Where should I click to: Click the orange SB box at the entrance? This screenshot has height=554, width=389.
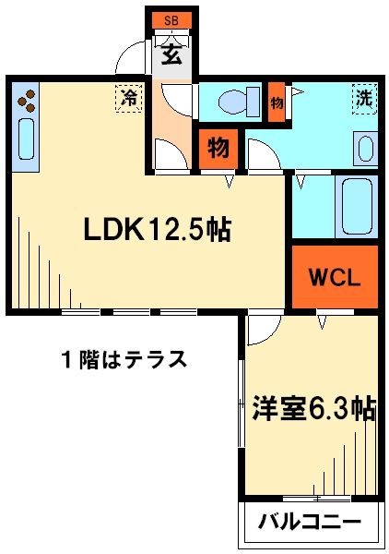[171, 19]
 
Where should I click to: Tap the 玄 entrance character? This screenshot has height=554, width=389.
[171, 54]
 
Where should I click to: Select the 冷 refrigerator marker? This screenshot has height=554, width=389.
[130, 96]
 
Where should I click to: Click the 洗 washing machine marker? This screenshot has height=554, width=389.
[364, 95]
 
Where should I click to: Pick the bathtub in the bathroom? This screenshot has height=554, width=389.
[356, 208]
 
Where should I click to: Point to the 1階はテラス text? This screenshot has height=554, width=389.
[124, 358]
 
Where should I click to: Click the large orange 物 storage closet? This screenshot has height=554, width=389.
[218, 147]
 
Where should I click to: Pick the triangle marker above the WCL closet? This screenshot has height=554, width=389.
[322, 322]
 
